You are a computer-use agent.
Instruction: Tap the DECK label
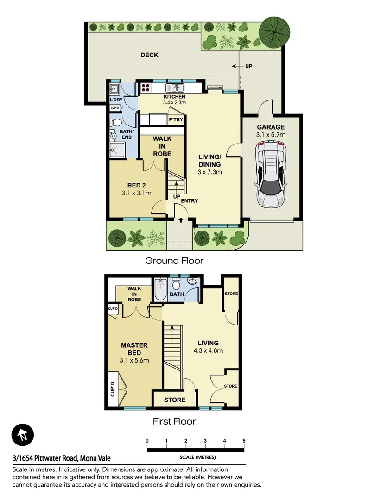(x=149, y=55)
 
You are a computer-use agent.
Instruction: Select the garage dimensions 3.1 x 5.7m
(x=271, y=135)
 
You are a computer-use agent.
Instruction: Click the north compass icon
(x=23, y=435)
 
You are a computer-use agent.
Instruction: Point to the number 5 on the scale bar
(x=243, y=441)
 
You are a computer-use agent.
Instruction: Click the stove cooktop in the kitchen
(x=146, y=87)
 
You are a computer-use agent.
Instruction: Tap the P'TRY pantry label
(x=175, y=119)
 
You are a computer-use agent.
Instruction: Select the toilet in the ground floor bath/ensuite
(x=116, y=123)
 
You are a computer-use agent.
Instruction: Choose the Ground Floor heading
(x=174, y=261)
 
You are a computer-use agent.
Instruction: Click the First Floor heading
(x=174, y=421)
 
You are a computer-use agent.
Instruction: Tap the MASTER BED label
(x=134, y=349)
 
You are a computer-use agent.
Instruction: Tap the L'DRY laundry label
(x=115, y=100)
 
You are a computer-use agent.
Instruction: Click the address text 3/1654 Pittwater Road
(x=62, y=458)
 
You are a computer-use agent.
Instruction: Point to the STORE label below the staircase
(x=175, y=400)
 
